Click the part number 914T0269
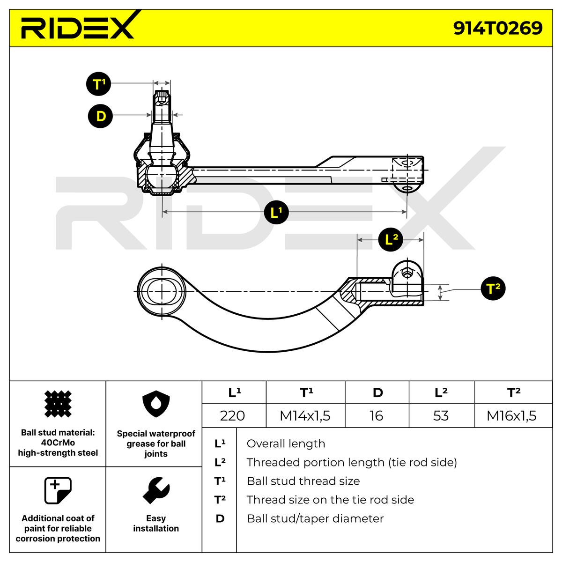tap(497, 28)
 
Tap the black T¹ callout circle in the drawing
tap(98, 84)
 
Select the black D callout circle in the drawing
tap(100, 116)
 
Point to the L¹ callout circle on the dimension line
tap(276, 212)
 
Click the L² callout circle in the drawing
tap(391, 240)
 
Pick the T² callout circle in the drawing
tap(493, 288)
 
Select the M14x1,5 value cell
tap(305, 415)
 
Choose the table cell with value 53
tap(442, 415)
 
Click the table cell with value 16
tap(377, 415)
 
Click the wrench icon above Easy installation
tap(156, 490)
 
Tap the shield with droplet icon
tap(156, 404)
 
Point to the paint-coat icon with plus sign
tap(58, 490)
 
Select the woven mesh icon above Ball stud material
tap(58, 404)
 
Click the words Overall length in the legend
tap(286, 444)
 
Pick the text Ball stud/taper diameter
tap(315, 518)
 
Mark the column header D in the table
tap(377, 392)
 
